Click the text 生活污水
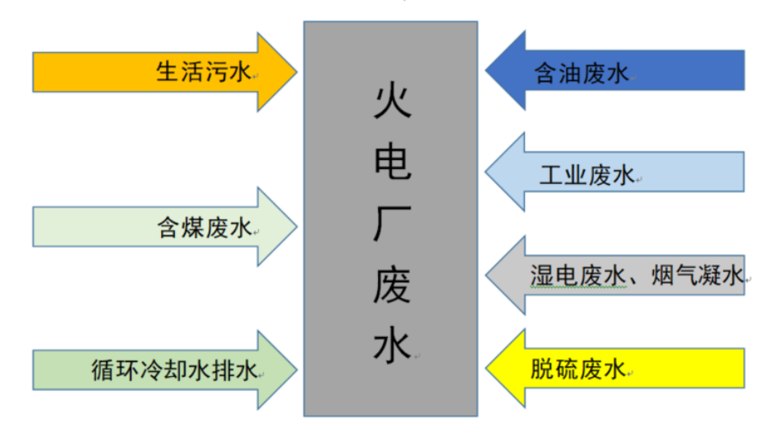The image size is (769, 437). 202,72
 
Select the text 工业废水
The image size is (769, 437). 587,175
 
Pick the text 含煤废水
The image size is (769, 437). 204,228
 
